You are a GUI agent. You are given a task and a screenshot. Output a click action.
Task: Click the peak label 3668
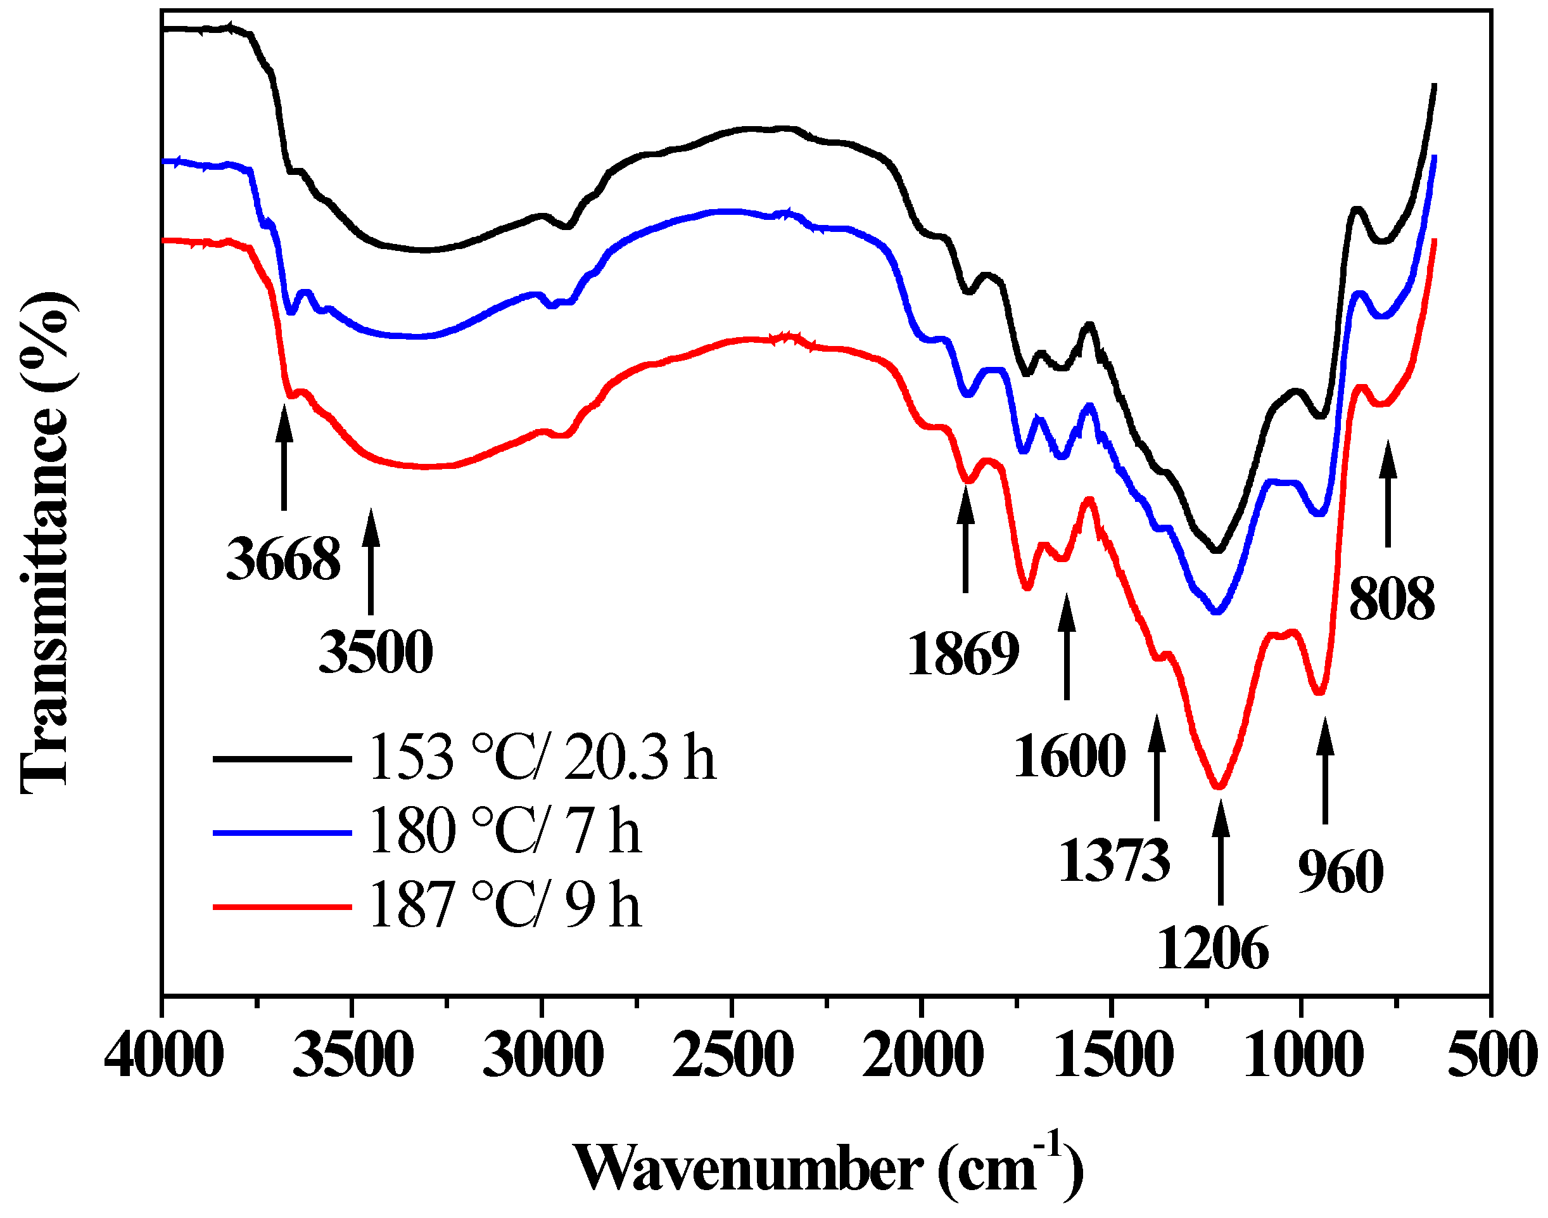tap(284, 560)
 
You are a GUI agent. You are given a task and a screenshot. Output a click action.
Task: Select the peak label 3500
tap(376, 653)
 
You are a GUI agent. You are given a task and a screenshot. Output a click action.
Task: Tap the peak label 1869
tap(963, 654)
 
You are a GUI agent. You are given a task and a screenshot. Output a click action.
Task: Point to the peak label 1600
tap(1070, 757)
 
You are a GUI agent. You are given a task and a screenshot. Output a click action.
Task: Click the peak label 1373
tap(1115, 861)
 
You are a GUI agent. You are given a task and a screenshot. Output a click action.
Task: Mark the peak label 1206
tap(1212, 949)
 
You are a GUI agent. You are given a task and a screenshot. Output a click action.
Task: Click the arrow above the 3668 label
tap(284, 456)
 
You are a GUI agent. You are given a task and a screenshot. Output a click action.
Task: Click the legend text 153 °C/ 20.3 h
tap(542, 758)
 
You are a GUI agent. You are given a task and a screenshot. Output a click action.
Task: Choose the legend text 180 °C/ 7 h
tap(505, 831)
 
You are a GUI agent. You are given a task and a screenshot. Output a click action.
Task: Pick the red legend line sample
tap(282, 907)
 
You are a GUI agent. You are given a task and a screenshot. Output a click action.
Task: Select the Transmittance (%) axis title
tap(44, 542)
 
